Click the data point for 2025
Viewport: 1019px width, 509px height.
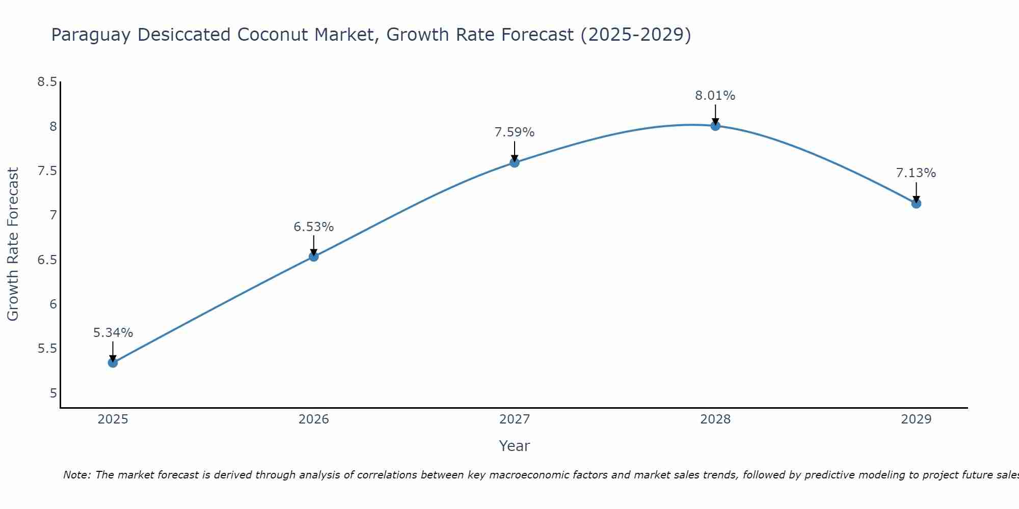pos(113,362)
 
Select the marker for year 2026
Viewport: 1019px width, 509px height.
pos(314,257)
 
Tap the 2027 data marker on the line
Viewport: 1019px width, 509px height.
pos(515,162)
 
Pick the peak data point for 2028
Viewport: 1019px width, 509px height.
pos(715,125)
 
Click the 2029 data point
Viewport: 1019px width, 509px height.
pos(916,204)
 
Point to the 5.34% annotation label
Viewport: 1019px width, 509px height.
pos(113,333)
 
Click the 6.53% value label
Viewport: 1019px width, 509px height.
pos(314,227)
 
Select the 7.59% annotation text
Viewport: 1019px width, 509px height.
pos(515,132)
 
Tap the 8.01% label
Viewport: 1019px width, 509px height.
pos(715,96)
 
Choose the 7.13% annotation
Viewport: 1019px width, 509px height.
pos(916,173)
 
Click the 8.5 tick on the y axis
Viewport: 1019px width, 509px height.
pos(47,82)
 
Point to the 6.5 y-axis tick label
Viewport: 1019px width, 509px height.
pos(47,260)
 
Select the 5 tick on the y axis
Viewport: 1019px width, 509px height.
pos(53,393)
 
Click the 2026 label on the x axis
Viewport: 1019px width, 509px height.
pos(314,419)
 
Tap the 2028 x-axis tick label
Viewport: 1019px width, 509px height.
pos(715,419)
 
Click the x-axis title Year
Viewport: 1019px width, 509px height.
pos(515,446)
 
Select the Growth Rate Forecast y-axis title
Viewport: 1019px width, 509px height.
pos(13,244)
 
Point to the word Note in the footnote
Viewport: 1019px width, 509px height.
pos(76,475)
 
